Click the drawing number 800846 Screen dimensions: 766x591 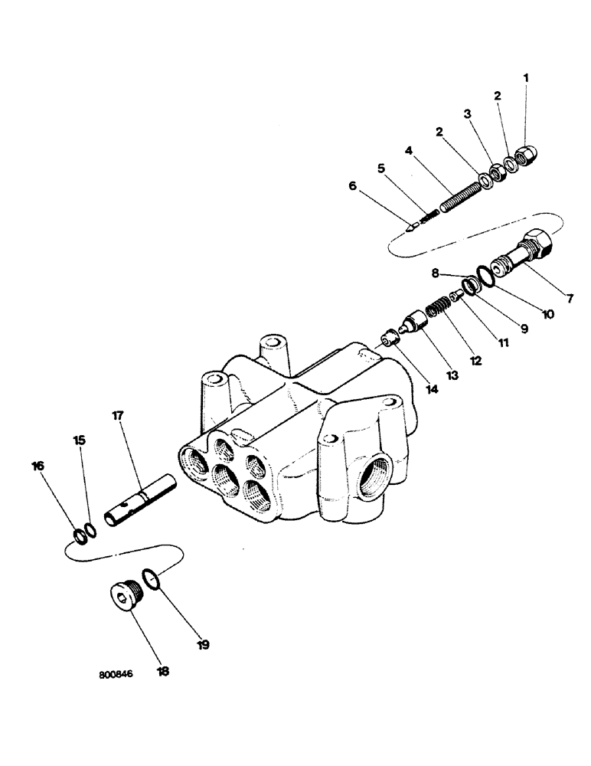point(116,676)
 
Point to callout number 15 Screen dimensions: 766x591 point(80,441)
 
